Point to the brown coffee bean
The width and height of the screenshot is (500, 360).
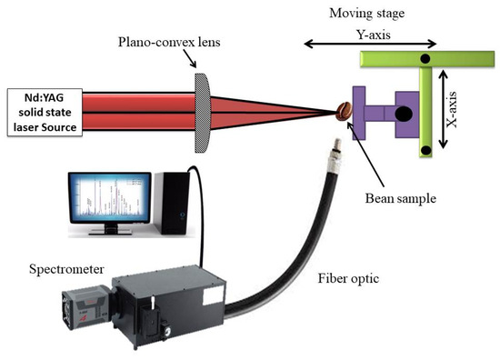point(343,112)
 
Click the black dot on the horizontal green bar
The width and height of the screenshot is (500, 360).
point(425,60)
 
